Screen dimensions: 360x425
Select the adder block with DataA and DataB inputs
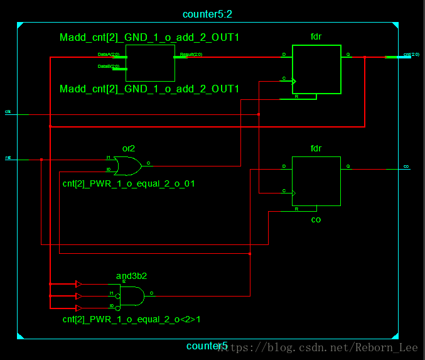point(150,63)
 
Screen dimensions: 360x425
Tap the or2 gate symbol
point(129,166)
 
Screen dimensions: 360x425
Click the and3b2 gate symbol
point(132,295)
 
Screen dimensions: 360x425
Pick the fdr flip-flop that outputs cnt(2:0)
point(316,69)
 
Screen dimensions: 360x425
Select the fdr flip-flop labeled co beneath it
point(316,181)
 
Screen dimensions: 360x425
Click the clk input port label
point(8,111)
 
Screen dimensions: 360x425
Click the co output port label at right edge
point(406,166)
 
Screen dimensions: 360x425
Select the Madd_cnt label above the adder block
point(149,38)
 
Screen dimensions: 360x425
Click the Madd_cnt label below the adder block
point(149,89)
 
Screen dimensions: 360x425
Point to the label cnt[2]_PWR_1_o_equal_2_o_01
point(128,184)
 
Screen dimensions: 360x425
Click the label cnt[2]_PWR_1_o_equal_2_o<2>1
point(131,319)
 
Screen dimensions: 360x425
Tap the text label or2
point(128,149)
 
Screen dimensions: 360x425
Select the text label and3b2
point(131,276)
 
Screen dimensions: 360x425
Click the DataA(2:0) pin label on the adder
point(105,55)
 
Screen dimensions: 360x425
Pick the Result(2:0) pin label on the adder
point(191,55)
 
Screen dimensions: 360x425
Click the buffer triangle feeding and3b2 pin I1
point(78,296)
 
